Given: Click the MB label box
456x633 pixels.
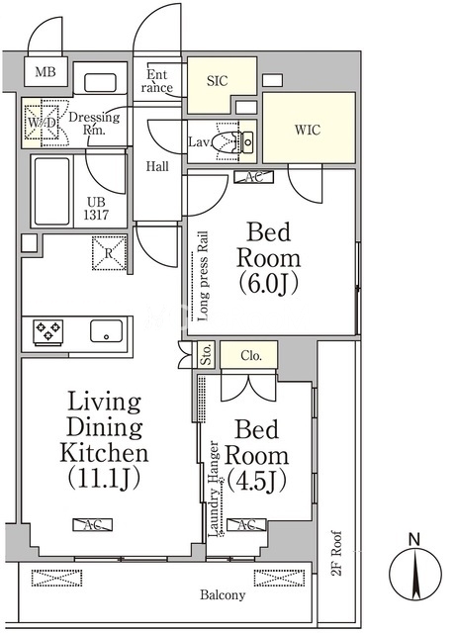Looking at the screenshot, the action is coord(46,72).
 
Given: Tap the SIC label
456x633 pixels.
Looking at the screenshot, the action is coord(218,81).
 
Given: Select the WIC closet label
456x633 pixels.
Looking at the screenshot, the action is coord(308,130).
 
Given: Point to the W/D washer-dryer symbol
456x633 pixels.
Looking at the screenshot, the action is coord(42,122).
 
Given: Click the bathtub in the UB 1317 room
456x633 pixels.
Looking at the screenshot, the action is coord(52,191).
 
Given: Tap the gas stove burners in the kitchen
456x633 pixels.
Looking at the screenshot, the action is coord(48,332).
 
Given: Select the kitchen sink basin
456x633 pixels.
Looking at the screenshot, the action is coord(106,331).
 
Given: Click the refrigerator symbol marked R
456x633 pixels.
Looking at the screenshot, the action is coord(109,253).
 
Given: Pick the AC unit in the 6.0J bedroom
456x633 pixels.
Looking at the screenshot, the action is coord(253,177).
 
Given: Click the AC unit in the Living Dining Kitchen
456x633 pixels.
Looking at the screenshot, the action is coord(93,524).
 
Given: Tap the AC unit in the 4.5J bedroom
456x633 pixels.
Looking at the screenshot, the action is coord(246,525).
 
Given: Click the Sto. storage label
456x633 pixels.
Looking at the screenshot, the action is coord(206,354).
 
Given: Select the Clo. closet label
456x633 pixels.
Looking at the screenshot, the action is coord(251,356).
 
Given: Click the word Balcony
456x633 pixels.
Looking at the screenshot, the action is coord(223,595).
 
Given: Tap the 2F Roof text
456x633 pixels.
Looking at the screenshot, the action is coord(337,553).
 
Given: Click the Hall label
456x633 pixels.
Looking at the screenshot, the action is coord(157,166).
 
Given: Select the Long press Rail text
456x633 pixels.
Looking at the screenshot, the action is coord(204,276).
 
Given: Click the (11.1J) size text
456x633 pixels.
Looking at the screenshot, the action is coord(104,478).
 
